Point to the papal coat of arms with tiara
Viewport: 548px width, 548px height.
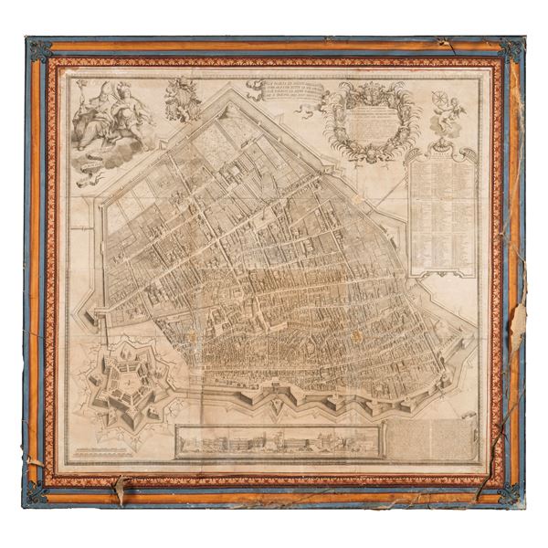click(x=184, y=98)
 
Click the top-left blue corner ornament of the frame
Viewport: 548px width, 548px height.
click(x=38, y=47)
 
